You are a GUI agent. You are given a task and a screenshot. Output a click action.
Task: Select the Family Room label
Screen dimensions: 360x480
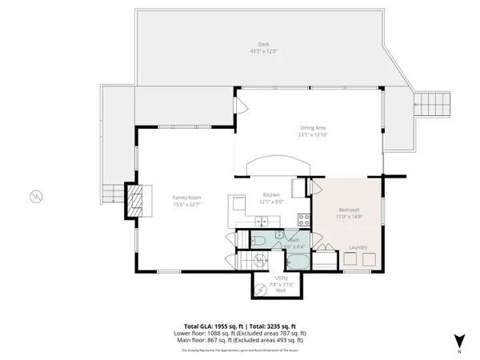(187, 197)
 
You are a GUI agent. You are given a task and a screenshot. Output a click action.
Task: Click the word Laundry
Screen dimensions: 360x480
(358, 247)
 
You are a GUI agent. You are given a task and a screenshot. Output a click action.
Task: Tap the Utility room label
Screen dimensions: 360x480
(281, 278)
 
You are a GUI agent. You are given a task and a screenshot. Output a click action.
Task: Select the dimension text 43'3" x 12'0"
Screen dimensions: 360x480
(263, 51)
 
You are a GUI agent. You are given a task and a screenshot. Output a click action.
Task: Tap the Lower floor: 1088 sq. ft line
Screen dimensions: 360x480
(240, 334)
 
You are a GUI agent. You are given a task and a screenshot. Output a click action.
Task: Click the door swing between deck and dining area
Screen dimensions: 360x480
(236, 106)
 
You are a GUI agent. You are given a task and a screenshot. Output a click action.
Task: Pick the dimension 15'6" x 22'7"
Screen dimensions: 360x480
(187, 203)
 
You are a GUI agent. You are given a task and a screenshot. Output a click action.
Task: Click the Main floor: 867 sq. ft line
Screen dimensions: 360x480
(240, 341)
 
